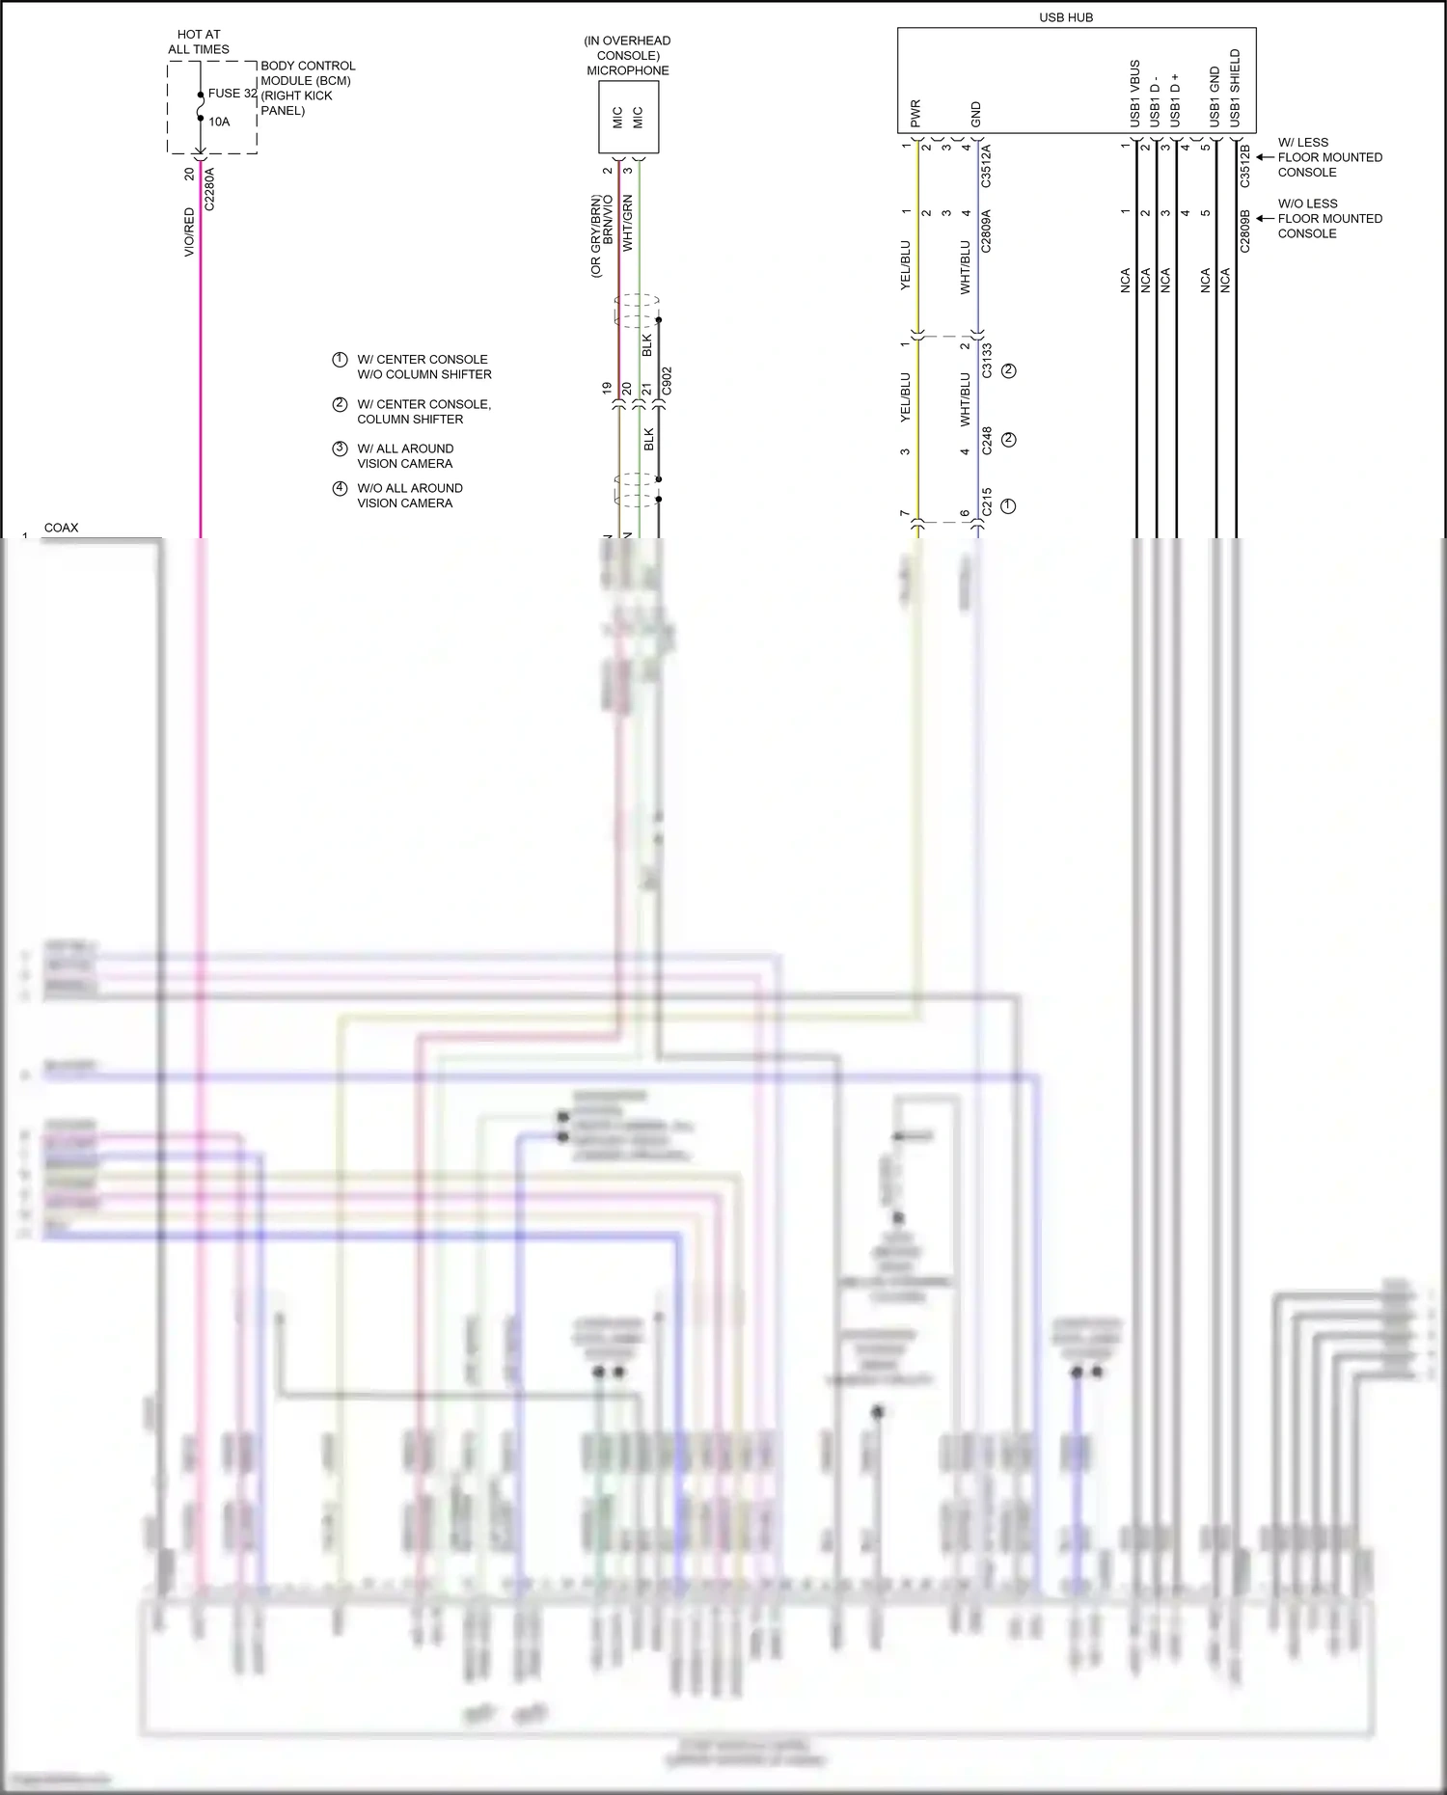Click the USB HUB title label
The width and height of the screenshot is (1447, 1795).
(x=1065, y=17)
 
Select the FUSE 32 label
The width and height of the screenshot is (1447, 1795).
(x=232, y=94)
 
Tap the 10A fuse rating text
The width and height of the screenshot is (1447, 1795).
(x=219, y=122)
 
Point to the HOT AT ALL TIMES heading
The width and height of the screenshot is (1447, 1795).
(x=199, y=41)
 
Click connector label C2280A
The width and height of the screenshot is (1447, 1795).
(x=209, y=189)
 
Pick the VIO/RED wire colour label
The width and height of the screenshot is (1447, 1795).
(x=189, y=231)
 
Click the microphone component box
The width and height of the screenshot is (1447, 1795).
(x=628, y=117)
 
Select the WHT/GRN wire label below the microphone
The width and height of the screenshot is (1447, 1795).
(x=628, y=223)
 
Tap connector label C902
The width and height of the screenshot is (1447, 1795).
(x=667, y=381)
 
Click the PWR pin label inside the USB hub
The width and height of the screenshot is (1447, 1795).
(x=915, y=113)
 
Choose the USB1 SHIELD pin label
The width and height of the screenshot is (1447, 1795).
(x=1235, y=88)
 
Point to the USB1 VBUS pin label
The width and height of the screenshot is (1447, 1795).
(x=1134, y=93)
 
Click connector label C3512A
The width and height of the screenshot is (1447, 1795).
(x=986, y=166)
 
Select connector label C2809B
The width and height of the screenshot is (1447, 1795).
(x=1244, y=231)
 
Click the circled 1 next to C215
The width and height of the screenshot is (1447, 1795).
(x=1008, y=505)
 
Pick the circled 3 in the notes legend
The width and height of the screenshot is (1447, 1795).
(x=340, y=449)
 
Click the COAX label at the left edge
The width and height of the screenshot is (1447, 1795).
(x=61, y=528)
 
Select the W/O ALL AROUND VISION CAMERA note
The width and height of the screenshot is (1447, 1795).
(x=409, y=495)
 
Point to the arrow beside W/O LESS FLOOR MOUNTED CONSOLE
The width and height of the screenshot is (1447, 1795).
(x=1265, y=218)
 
